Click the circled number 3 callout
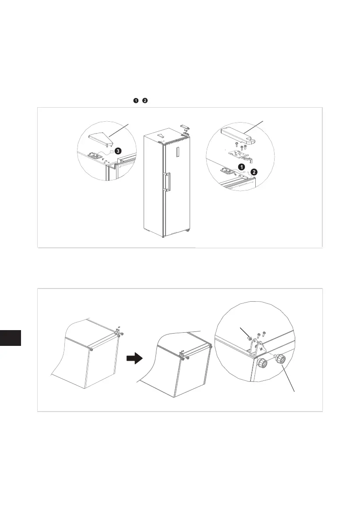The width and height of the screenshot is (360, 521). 118,151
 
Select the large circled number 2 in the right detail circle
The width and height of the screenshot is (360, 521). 254,172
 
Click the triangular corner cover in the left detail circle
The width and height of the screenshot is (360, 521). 101,138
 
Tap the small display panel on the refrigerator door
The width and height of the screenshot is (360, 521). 178,153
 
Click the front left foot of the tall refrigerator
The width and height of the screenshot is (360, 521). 163,237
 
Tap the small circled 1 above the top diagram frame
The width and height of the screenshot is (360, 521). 137,101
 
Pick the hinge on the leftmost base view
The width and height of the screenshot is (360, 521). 118,333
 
